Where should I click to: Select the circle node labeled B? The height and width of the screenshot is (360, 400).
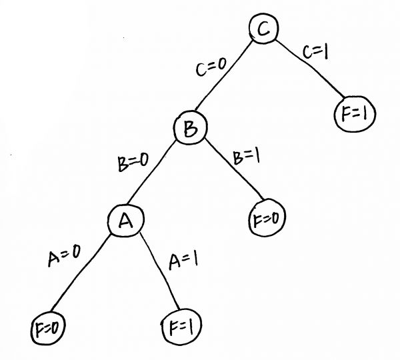(x=190, y=129)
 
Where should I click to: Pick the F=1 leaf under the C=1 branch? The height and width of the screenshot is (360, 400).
(x=354, y=115)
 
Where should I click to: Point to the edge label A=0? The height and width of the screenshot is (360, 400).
(x=65, y=256)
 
